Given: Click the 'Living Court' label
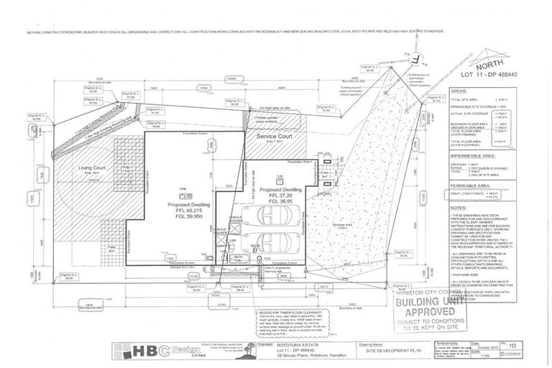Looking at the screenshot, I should pyautogui.click(x=91, y=168).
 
